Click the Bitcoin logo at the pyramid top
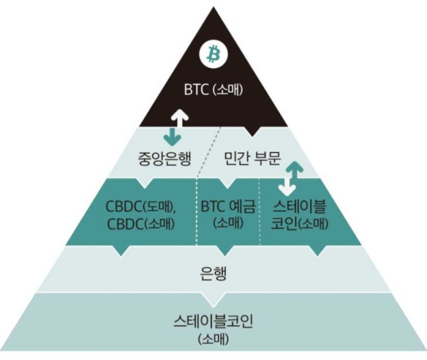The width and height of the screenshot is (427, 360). (214, 55)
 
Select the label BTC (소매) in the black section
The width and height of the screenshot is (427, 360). (214, 90)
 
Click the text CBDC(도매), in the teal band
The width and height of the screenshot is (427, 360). (139, 205)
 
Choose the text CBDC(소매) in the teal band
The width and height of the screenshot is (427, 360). (139, 223)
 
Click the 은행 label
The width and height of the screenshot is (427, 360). (214, 273)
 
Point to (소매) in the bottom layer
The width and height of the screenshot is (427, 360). (213, 339)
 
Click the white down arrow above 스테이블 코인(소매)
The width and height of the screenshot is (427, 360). (284, 187)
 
